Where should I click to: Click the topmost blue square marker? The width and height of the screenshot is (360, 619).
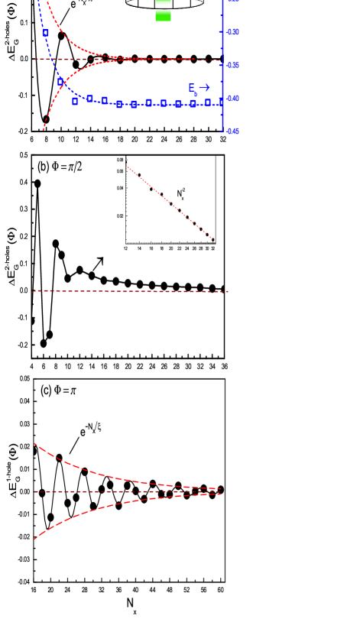[46, 33]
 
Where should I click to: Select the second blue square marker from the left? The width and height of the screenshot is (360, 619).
[60, 82]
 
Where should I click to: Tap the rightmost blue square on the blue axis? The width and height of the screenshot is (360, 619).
[222, 102]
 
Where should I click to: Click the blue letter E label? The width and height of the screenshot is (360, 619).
[192, 89]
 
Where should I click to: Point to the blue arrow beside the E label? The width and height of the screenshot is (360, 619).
[205, 88]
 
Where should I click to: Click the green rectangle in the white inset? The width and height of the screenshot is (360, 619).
[163, 15]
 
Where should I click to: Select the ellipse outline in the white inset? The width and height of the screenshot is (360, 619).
[164, 5]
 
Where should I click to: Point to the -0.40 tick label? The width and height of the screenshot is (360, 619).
[233, 99]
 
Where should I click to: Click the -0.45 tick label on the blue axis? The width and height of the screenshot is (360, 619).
[233, 131]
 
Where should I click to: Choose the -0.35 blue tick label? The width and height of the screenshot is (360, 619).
[233, 66]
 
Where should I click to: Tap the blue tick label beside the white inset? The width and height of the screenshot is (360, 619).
[233, 32]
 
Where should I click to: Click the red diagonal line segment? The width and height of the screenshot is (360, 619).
[169, 202]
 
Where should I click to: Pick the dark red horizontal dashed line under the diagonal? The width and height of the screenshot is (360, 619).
[130, 291]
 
